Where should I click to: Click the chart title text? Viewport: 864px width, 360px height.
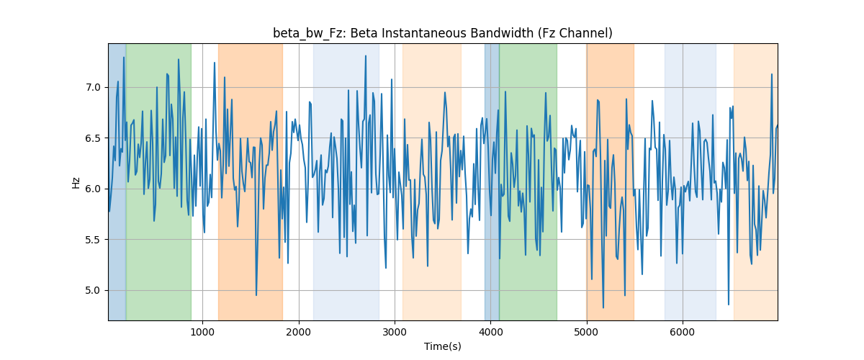coord(442,33)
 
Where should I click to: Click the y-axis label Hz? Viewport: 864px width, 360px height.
coord(76,182)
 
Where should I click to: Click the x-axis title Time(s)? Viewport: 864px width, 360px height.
coord(442,346)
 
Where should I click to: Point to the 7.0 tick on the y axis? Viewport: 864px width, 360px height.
coord(93,87)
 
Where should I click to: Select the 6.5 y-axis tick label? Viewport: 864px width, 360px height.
coord(93,138)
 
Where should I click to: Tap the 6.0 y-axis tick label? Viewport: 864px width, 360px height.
coord(93,189)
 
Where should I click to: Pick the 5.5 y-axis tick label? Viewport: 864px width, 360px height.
coord(93,240)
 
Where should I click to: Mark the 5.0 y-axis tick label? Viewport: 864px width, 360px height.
coord(93,290)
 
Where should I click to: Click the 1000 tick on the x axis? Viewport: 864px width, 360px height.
coord(202,332)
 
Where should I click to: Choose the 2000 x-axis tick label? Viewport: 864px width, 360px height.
coord(299,332)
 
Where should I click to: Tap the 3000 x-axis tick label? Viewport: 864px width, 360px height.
coord(395,332)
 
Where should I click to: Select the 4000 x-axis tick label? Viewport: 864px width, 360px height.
coord(490,332)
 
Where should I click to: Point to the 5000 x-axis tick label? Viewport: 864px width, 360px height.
coord(587,332)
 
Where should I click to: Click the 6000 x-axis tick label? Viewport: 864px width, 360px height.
coord(683,332)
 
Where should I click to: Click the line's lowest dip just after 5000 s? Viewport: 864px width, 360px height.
coord(603,307)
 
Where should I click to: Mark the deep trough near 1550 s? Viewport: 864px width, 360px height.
coord(256,295)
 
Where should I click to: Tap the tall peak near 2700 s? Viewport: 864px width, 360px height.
coord(366,56)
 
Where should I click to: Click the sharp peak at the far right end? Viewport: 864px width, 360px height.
coord(772,74)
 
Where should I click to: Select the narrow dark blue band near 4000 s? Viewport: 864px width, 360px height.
coord(492,181)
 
